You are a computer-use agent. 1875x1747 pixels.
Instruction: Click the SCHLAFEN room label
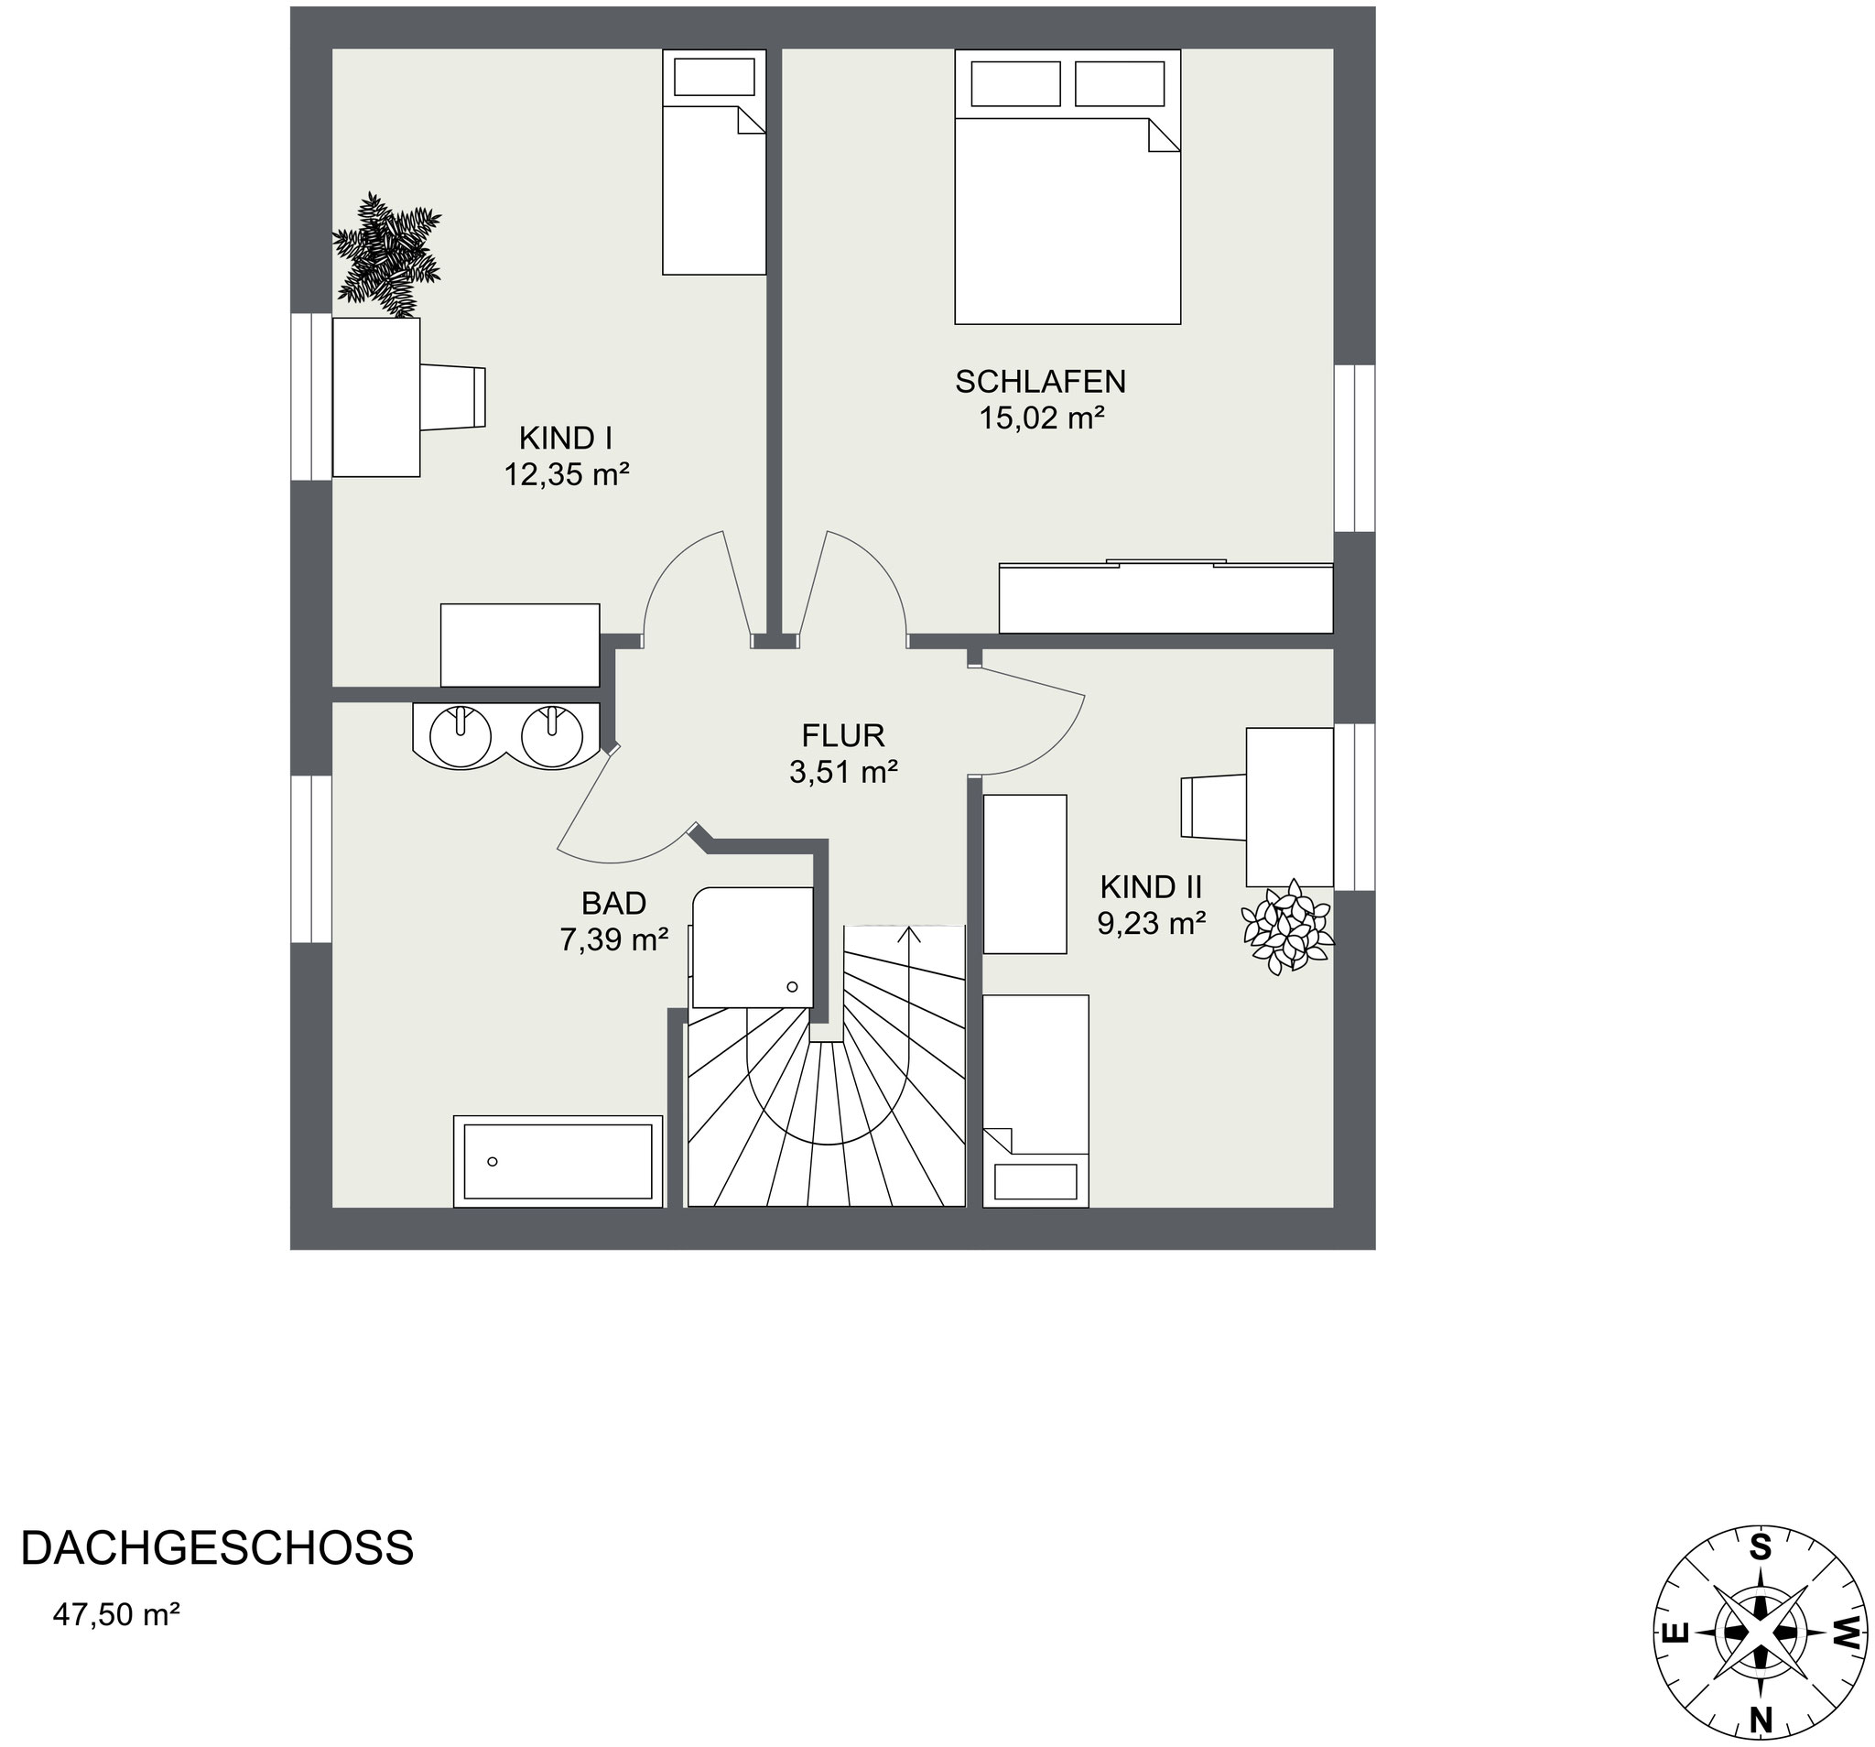click(x=1040, y=382)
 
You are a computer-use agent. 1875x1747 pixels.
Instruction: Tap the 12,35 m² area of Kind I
click(x=566, y=473)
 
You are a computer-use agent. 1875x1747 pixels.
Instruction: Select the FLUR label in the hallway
click(x=843, y=735)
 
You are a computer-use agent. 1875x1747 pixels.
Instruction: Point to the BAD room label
click(x=614, y=904)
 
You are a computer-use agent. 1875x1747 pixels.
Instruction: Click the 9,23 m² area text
click(x=1152, y=923)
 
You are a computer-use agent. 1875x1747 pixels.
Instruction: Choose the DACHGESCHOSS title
click(x=217, y=1549)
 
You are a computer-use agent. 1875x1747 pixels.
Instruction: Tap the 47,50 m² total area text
click(x=117, y=1615)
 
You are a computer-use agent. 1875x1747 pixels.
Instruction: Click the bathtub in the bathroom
click(x=558, y=1161)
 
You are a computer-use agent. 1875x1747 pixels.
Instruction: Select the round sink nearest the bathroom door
click(x=553, y=736)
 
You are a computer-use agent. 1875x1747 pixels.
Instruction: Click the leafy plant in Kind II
click(x=1286, y=927)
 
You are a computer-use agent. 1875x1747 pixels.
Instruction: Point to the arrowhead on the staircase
click(x=909, y=934)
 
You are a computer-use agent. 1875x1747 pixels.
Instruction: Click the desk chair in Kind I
click(x=452, y=397)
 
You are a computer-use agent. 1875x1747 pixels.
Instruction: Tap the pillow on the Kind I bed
click(x=714, y=76)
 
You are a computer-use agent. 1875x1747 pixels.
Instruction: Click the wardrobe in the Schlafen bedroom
click(x=1165, y=598)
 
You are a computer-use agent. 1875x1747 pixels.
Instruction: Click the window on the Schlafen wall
click(x=1355, y=448)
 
